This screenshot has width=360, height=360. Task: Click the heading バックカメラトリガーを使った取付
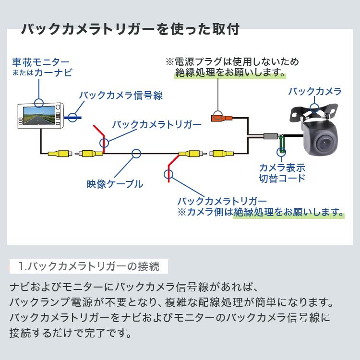130,29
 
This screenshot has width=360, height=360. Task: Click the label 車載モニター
41,62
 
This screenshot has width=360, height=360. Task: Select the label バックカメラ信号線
120,95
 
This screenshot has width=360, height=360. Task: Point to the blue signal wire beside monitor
74,117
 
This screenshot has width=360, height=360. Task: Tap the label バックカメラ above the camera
314,91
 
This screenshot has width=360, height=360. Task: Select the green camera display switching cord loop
282,144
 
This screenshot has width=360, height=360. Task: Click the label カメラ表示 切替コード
282,173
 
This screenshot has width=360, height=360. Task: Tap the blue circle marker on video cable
136,154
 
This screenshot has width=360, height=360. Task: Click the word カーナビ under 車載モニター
55,73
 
